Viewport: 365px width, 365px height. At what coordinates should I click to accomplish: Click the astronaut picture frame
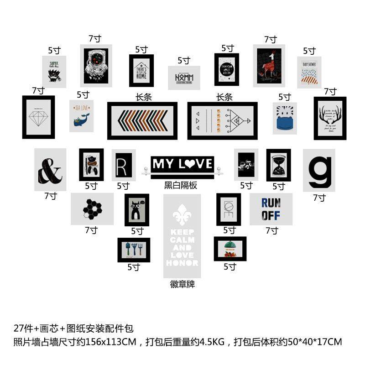pyautogui.click(x=96, y=67)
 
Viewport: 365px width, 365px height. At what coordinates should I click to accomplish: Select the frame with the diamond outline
pyautogui.click(x=38, y=117)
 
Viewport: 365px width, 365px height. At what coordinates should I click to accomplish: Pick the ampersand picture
pyautogui.click(x=50, y=169)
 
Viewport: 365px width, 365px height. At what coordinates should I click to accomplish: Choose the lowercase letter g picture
pyautogui.click(x=319, y=170)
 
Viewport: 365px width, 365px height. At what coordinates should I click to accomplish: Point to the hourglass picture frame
pyautogui.click(x=279, y=165)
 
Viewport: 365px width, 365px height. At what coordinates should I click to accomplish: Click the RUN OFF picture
pyautogui.click(x=271, y=209)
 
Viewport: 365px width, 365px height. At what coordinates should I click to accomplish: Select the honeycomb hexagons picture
pyautogui.click(x=92, y=209)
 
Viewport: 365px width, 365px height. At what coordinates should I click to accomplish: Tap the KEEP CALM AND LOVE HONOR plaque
pyautogui.click(x=182, y=236)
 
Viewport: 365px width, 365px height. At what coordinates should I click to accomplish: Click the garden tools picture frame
pyautogui.click(x=134, y=250)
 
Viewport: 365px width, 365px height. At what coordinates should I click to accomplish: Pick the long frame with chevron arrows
pyautogui.click(x=142, y=120)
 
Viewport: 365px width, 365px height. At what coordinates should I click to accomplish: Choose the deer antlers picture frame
pyautogui.click(x=330, y=118)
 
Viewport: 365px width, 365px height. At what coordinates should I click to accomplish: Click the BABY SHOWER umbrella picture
pyautogui.click(x=309, y=72)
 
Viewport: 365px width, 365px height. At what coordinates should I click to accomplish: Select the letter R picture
pyautogui.click(x=124, y=165)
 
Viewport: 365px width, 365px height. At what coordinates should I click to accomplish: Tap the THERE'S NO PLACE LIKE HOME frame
pyautogui.click(x=141, y=71)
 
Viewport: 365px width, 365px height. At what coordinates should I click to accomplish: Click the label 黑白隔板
pyautogui.click(x=181, y=185)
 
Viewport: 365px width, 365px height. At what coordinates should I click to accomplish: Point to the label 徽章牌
pyautogui.click(x=182, y=284)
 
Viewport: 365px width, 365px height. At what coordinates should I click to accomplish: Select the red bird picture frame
pyautogui.click(x=269, y=66)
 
